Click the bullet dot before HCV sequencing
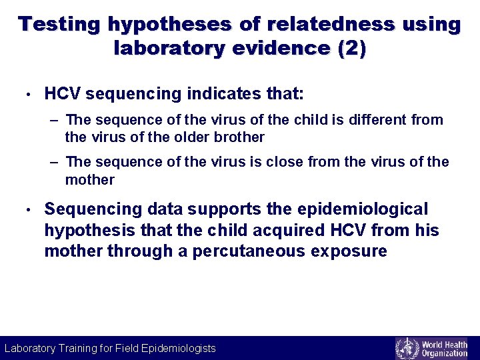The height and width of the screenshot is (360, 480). click(x=24, y=95)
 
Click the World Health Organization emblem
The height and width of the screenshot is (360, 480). click(x=407, y=349)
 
